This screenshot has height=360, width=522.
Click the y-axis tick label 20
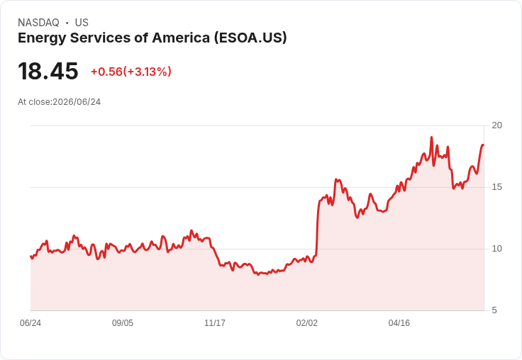(496, 125)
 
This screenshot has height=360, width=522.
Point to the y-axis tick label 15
(496, 187)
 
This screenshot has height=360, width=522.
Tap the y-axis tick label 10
(496, 249)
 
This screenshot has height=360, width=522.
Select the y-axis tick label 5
(494, 310)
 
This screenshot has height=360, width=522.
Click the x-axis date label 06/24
(30, 322)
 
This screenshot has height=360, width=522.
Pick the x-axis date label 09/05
(123, 322)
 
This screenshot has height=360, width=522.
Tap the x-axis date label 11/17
(215, 322)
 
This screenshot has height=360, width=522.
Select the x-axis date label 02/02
(307, 322)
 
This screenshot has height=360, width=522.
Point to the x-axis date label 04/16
(399, 322)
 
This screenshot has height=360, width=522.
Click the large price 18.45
(48, 71)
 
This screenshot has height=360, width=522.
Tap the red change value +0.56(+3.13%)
(130, 72)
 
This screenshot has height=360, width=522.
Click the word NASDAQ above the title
(38, 23)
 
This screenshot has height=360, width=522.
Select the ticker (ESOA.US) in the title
(250, 38)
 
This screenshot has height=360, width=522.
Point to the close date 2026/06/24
(77, 102)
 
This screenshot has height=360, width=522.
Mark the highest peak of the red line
(431, 137)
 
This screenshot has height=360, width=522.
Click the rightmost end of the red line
(484, 145)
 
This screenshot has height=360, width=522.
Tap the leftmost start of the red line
(30, 257)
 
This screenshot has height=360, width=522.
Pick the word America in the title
(180, 38)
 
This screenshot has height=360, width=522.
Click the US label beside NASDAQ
(82, 23)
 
